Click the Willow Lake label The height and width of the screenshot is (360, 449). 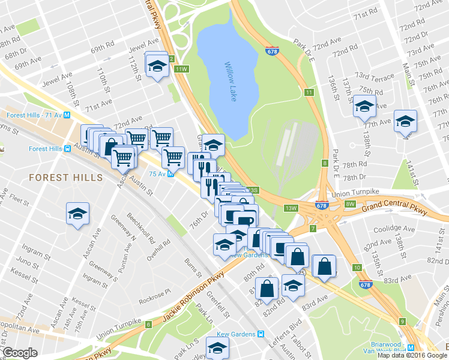[x=231, y=82]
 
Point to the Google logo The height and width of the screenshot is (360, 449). [x=20, y=353]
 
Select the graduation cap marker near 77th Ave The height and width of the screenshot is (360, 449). [x=405, y=122]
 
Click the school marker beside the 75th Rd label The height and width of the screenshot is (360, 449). [x=364, y=107]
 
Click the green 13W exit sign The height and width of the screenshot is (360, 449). [x=291, y=208]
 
